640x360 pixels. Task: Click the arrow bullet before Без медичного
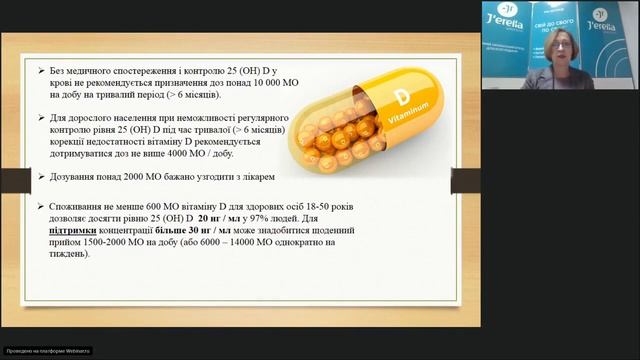(39, 72)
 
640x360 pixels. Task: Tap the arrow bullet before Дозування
(39, 177)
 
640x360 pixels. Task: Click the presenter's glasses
(561, 45)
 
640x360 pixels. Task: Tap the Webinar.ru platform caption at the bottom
(47, 351)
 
